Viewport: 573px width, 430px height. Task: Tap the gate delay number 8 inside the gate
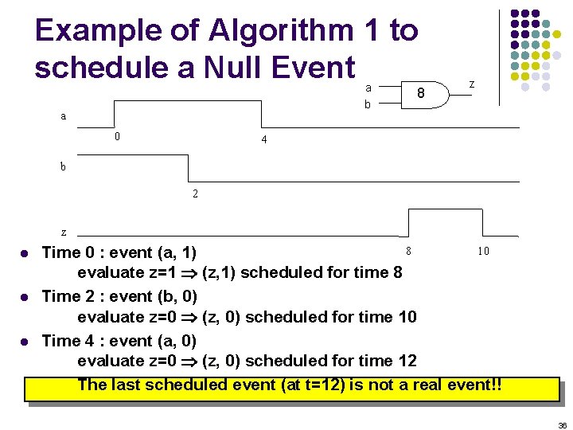click(421, 94)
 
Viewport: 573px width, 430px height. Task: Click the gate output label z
click(472, 84)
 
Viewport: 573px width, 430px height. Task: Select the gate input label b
click(367, 104)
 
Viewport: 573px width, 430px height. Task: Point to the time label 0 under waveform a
click(117, 136)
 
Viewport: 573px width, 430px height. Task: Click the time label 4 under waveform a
click(264, 140)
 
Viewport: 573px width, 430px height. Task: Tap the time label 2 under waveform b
click(195, 193)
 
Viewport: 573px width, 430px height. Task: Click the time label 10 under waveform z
click(483, 251)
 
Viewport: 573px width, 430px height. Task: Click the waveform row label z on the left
click(64, 232)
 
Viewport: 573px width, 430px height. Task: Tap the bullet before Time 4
click(25, 342)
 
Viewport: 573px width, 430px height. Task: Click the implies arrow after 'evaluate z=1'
click(189, 274)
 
